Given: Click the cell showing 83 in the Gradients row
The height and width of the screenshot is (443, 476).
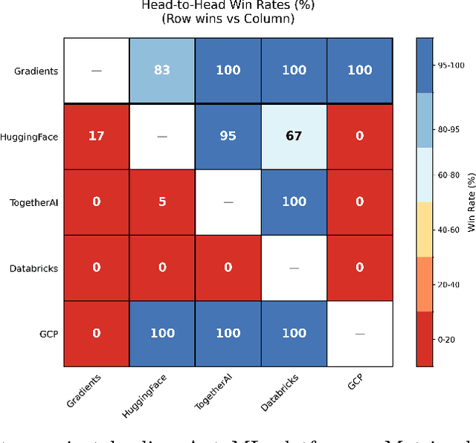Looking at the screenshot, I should coord(162,71).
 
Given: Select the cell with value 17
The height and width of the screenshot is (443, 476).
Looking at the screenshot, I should coord(97,137).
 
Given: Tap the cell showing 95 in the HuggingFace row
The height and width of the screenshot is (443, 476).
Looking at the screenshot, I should coord(228,137).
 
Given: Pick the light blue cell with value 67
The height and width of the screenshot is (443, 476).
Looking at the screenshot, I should coord(294,137).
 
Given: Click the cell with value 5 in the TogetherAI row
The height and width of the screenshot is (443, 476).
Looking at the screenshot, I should coord(162,202).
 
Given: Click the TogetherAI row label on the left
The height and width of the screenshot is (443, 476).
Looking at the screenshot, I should coord(33,202).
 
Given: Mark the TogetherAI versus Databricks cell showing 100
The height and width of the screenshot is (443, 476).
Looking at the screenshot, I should coord(294,202).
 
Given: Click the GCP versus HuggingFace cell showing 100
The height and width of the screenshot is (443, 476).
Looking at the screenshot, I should coord(162,334).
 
